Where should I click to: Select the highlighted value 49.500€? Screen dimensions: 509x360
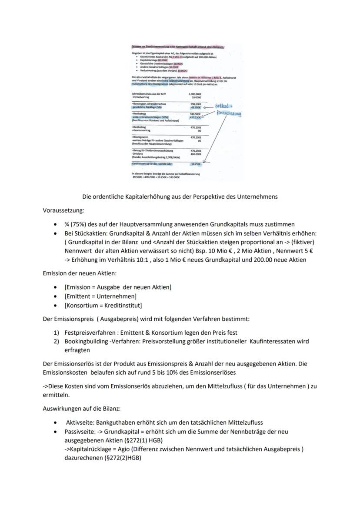[196, 107]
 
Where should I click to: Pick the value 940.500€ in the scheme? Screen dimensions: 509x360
[195, 114]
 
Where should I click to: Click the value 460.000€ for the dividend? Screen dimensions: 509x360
[196, 154]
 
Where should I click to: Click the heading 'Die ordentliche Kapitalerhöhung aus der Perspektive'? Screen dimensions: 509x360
[180, 196]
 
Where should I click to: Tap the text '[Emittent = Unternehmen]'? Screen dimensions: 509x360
[100, 296]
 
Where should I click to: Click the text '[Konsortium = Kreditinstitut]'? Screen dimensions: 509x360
[103, 306]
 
